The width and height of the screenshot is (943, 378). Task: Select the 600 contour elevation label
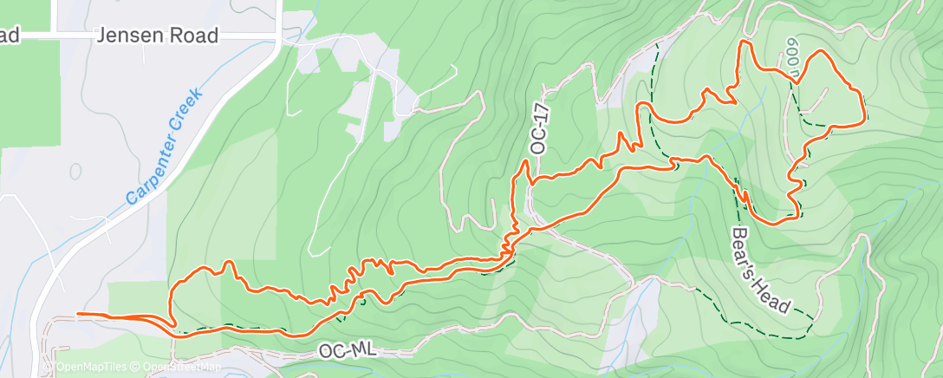[791, 58]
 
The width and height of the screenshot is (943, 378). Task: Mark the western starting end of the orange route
[78, 314]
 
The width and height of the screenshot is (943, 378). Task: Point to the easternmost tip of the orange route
[865, 114]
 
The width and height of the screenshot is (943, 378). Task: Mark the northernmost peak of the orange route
[745, 41]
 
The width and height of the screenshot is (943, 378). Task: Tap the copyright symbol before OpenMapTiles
[50, 368]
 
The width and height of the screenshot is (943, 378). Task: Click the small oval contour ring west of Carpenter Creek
[75, 171]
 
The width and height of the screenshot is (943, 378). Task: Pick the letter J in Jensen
[104, 36]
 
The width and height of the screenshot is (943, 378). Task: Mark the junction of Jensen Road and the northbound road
[277, 36]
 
